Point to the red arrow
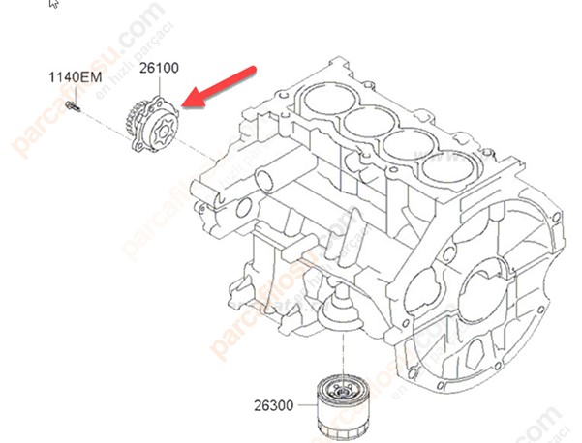[221, 84]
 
